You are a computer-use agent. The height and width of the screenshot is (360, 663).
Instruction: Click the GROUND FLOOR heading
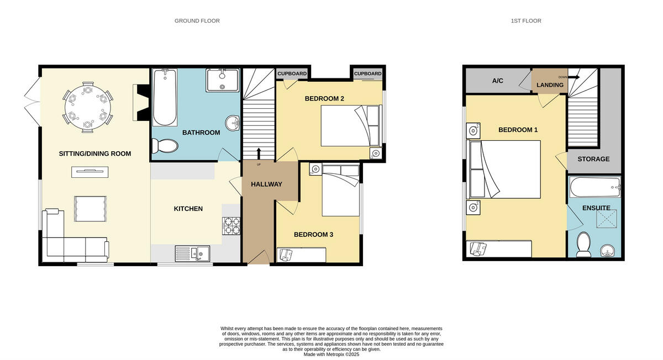click(197, 21)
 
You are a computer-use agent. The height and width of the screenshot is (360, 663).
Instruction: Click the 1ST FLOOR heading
click(525, 21)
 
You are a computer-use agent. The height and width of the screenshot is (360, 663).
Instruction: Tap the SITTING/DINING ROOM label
click(95, 153)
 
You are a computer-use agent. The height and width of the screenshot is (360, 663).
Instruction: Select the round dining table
click(87, 107)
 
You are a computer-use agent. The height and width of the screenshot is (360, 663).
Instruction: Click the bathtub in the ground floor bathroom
click(164, 98)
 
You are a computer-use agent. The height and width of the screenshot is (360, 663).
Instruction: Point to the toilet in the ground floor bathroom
click(165, 146)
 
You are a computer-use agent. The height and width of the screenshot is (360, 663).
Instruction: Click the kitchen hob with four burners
click(231, 225)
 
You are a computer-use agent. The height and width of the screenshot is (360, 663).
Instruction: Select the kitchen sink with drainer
click(192, 253)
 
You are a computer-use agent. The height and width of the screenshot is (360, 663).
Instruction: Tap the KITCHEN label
click(188, 209)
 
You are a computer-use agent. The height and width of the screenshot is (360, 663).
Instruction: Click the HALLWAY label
click(266, 184)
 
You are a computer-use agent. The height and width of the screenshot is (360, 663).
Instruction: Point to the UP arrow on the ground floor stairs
click(259, 153)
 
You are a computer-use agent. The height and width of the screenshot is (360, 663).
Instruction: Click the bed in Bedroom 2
click(350, 126)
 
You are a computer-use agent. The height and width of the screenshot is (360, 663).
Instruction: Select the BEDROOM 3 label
click(313, 235)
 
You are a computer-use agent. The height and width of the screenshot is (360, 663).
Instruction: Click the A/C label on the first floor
click(497, 81)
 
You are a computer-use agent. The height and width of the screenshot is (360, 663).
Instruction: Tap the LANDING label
click(550, 85)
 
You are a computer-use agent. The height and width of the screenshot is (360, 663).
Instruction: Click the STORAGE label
click(593, 159)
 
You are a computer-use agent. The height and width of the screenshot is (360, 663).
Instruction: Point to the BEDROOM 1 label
click(518, 130)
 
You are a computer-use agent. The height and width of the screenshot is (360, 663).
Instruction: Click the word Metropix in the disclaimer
click(334, 354)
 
